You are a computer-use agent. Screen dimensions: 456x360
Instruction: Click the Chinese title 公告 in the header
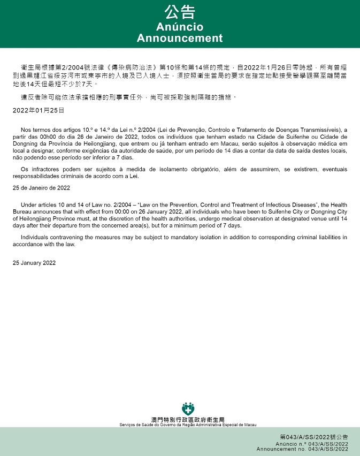pos(180,12)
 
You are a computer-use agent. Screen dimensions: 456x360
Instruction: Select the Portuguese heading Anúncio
pos(180,27)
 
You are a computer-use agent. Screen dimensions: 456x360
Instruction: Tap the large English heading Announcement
pos(180,38)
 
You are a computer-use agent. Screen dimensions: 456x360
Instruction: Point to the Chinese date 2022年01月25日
pos(39,110)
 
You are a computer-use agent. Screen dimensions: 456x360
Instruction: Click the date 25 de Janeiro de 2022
pos(42,188)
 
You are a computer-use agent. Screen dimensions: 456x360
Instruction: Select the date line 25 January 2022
pos(34,263)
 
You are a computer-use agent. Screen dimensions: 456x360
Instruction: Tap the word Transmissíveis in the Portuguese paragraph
pos(326,130)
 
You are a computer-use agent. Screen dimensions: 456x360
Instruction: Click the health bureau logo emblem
pos(188,408)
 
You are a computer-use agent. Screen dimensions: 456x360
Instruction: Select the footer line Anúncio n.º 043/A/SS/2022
pos(312,444)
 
